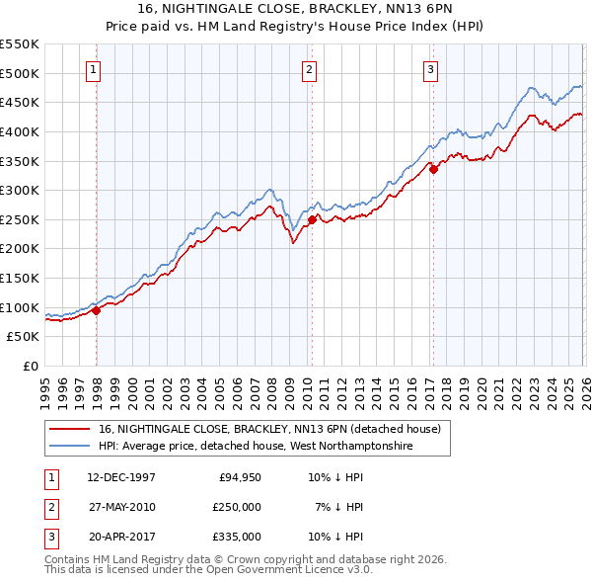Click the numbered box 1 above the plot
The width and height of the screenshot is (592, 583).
(93, 69)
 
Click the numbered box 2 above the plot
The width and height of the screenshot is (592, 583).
(309, 69)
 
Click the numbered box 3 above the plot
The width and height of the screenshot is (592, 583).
(431, 69)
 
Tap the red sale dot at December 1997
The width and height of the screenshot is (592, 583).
(97, 310)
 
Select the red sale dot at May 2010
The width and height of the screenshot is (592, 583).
(312, 219)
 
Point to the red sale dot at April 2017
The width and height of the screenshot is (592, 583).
(433, 170)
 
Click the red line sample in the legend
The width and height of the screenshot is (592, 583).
(70, 429)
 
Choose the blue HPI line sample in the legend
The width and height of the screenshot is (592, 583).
(70, 447)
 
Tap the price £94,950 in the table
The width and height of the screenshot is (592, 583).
(237, 477)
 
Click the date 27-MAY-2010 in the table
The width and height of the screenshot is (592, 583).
(121, 507)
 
